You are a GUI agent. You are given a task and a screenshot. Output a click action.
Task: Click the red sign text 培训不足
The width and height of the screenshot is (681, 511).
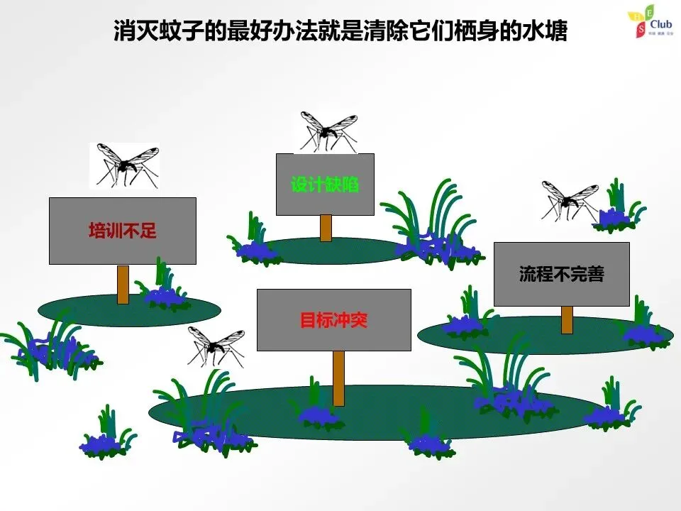pos(122,231)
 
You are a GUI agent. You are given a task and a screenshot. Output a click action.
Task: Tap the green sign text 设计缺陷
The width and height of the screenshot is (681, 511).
pos(325,185)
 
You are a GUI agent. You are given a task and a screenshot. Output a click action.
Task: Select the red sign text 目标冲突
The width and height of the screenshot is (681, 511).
pos(333,320)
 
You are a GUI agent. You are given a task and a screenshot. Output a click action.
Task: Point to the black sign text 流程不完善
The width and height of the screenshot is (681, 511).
pos(561,274)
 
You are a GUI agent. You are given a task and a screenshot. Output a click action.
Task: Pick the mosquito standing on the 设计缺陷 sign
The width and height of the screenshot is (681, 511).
pos(326,132)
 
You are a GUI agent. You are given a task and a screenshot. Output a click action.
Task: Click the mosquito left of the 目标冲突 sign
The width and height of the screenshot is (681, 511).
pos(216,345)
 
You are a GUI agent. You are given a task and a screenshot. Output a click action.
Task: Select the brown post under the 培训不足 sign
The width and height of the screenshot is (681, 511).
pos(123,284)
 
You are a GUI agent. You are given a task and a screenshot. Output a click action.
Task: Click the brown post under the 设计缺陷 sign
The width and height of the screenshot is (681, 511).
pos(326,228)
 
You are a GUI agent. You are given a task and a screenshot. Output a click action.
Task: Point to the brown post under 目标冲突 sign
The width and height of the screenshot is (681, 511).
pos(339,378)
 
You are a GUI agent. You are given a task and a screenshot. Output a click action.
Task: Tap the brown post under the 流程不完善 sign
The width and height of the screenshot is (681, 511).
pos(567,319)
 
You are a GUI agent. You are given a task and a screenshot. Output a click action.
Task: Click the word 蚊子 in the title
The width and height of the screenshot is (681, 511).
pos(183,31)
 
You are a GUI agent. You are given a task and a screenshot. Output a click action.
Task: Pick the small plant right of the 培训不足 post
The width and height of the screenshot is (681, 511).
pos(164,287)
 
